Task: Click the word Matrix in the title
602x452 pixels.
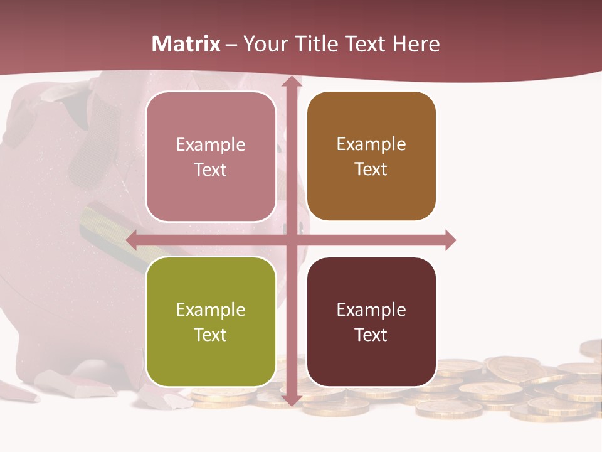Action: [186, 44]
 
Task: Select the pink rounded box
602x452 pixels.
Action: [211, 157]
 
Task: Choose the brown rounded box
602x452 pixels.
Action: [371, 156]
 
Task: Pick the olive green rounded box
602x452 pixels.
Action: [211, 321]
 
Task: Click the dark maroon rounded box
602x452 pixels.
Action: [371, 321]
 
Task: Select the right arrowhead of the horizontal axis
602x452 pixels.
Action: [450, 240]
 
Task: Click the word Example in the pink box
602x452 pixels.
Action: [211, 144]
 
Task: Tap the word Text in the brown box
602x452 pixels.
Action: [371, 169]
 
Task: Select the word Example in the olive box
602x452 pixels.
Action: [211, 309]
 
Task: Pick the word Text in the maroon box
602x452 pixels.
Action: [371, 335]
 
